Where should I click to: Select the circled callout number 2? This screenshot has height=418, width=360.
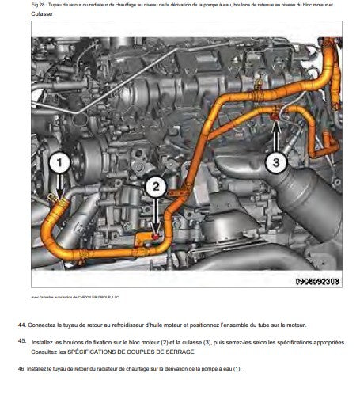156,187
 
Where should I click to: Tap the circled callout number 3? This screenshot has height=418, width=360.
275,163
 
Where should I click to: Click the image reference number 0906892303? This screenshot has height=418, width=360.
317,280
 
